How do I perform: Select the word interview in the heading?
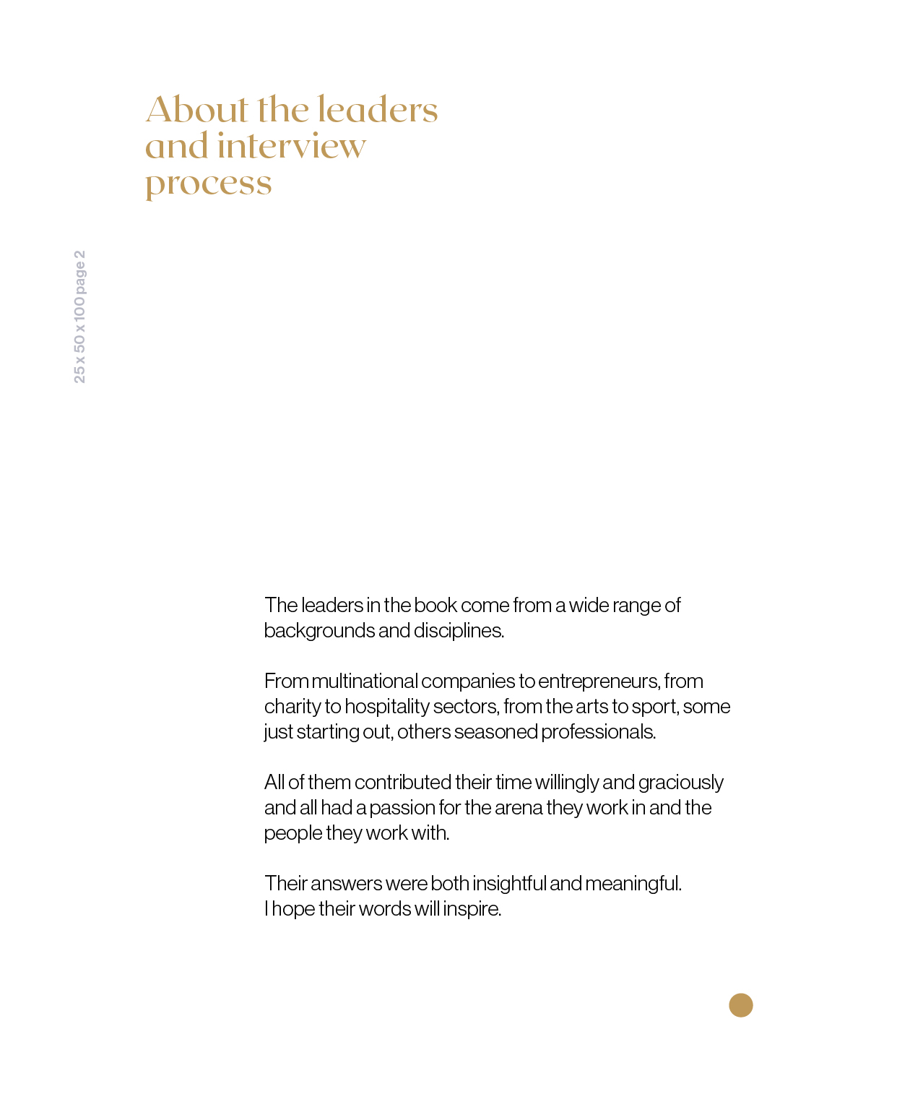point(291,147)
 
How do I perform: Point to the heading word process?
point(209,184)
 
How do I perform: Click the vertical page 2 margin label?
point(79,317)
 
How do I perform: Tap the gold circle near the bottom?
point(740,1005)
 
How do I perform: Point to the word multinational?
point(365,681)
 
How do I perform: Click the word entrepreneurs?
point(599,681)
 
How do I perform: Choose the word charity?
point(292,706)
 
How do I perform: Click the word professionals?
point(598,731)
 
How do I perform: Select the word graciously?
point(680,782)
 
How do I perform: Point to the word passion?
point(402,807)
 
